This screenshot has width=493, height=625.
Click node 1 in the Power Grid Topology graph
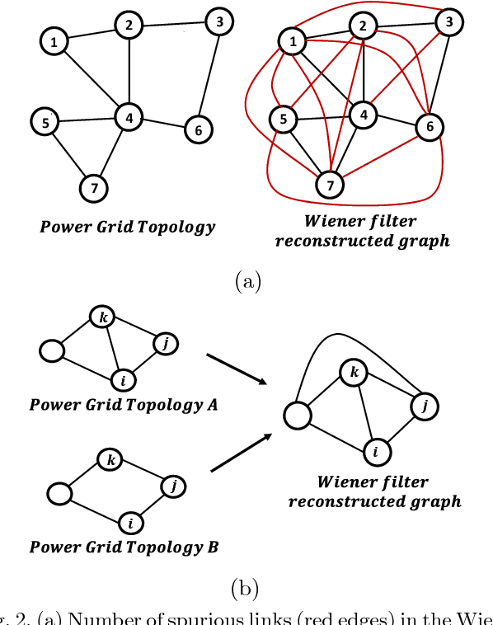[x=54, y=41]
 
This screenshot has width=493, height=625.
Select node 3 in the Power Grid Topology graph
[x=218, y=22]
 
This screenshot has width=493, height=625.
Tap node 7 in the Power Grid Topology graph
[x=95, y=189]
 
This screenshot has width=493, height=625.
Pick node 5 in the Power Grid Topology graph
[x=46, y=122]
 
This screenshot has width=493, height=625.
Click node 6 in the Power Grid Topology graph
[x=198, y=129]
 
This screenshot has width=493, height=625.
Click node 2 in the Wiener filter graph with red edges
[x=361, y=27]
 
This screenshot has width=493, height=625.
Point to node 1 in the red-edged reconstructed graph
[x=290, y=40]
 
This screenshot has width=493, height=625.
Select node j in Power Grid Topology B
[x=173, y=486]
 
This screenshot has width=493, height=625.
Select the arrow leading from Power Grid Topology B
[x=242, y=453]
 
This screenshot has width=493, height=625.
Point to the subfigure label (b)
[x=246, y=589]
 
